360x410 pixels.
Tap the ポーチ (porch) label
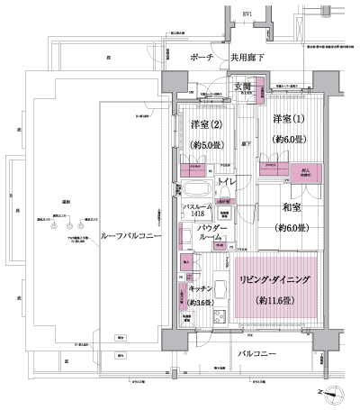point(202,57)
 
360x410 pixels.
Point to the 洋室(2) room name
point(205,123)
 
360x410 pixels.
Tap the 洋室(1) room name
point(289,120)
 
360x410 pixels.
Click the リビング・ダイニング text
point(277,280)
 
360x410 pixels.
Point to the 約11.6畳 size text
point(277,299)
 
